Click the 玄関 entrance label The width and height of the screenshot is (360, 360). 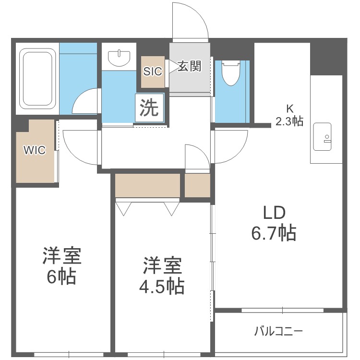click(x=189, y=66)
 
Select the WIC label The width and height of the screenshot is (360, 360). click(x=35, y=150)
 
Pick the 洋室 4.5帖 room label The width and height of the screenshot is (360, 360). click(x=161, y=276)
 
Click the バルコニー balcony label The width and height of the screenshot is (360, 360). click(x=278, y=331)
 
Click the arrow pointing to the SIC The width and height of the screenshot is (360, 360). click(x=170, y=67)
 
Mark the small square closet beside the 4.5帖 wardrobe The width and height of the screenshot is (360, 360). click(x=197, y=185)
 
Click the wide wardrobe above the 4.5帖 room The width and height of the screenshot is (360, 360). click(x=147, y=185)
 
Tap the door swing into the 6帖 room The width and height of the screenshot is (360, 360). click(x=79, y=146)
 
